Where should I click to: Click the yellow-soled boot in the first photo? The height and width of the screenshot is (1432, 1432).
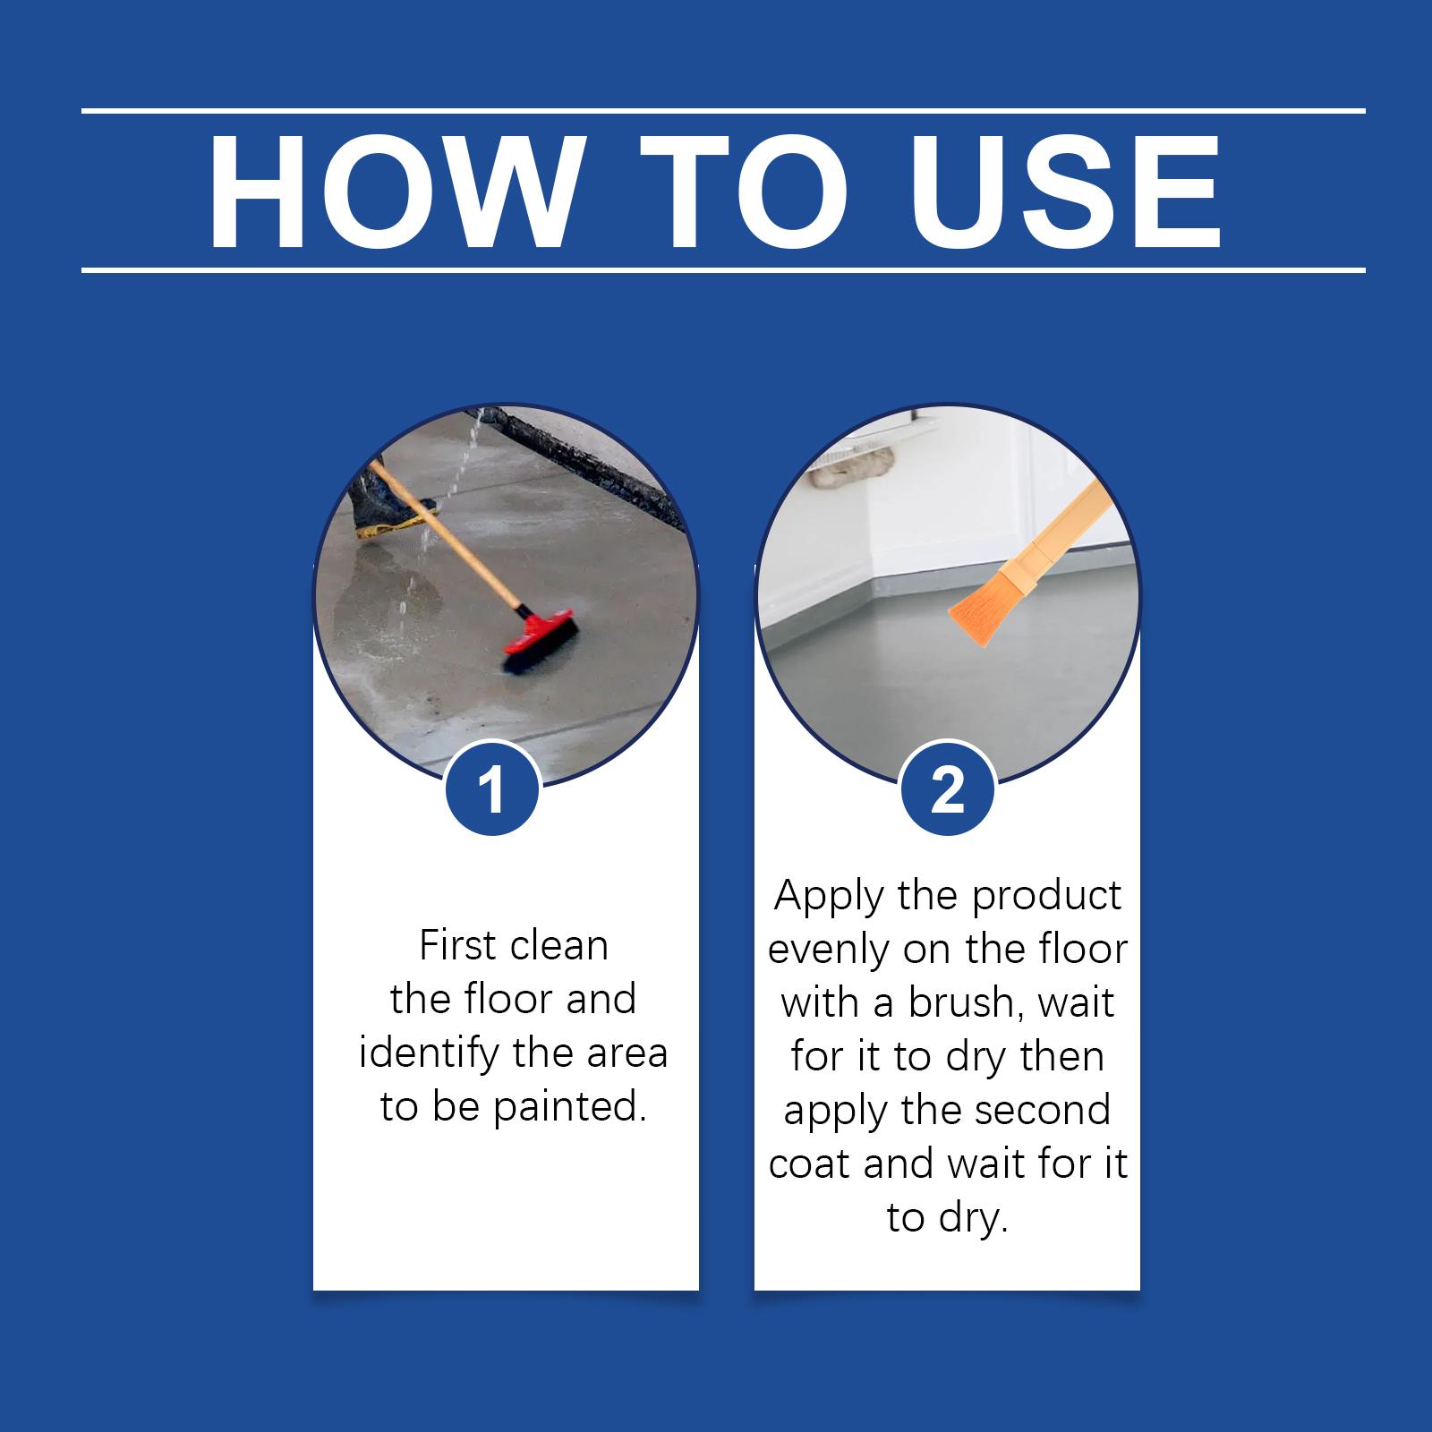click(389, 503)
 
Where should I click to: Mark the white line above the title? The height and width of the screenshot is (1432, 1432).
click(723, 111)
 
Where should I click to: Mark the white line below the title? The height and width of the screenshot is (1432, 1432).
click(723, 269)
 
